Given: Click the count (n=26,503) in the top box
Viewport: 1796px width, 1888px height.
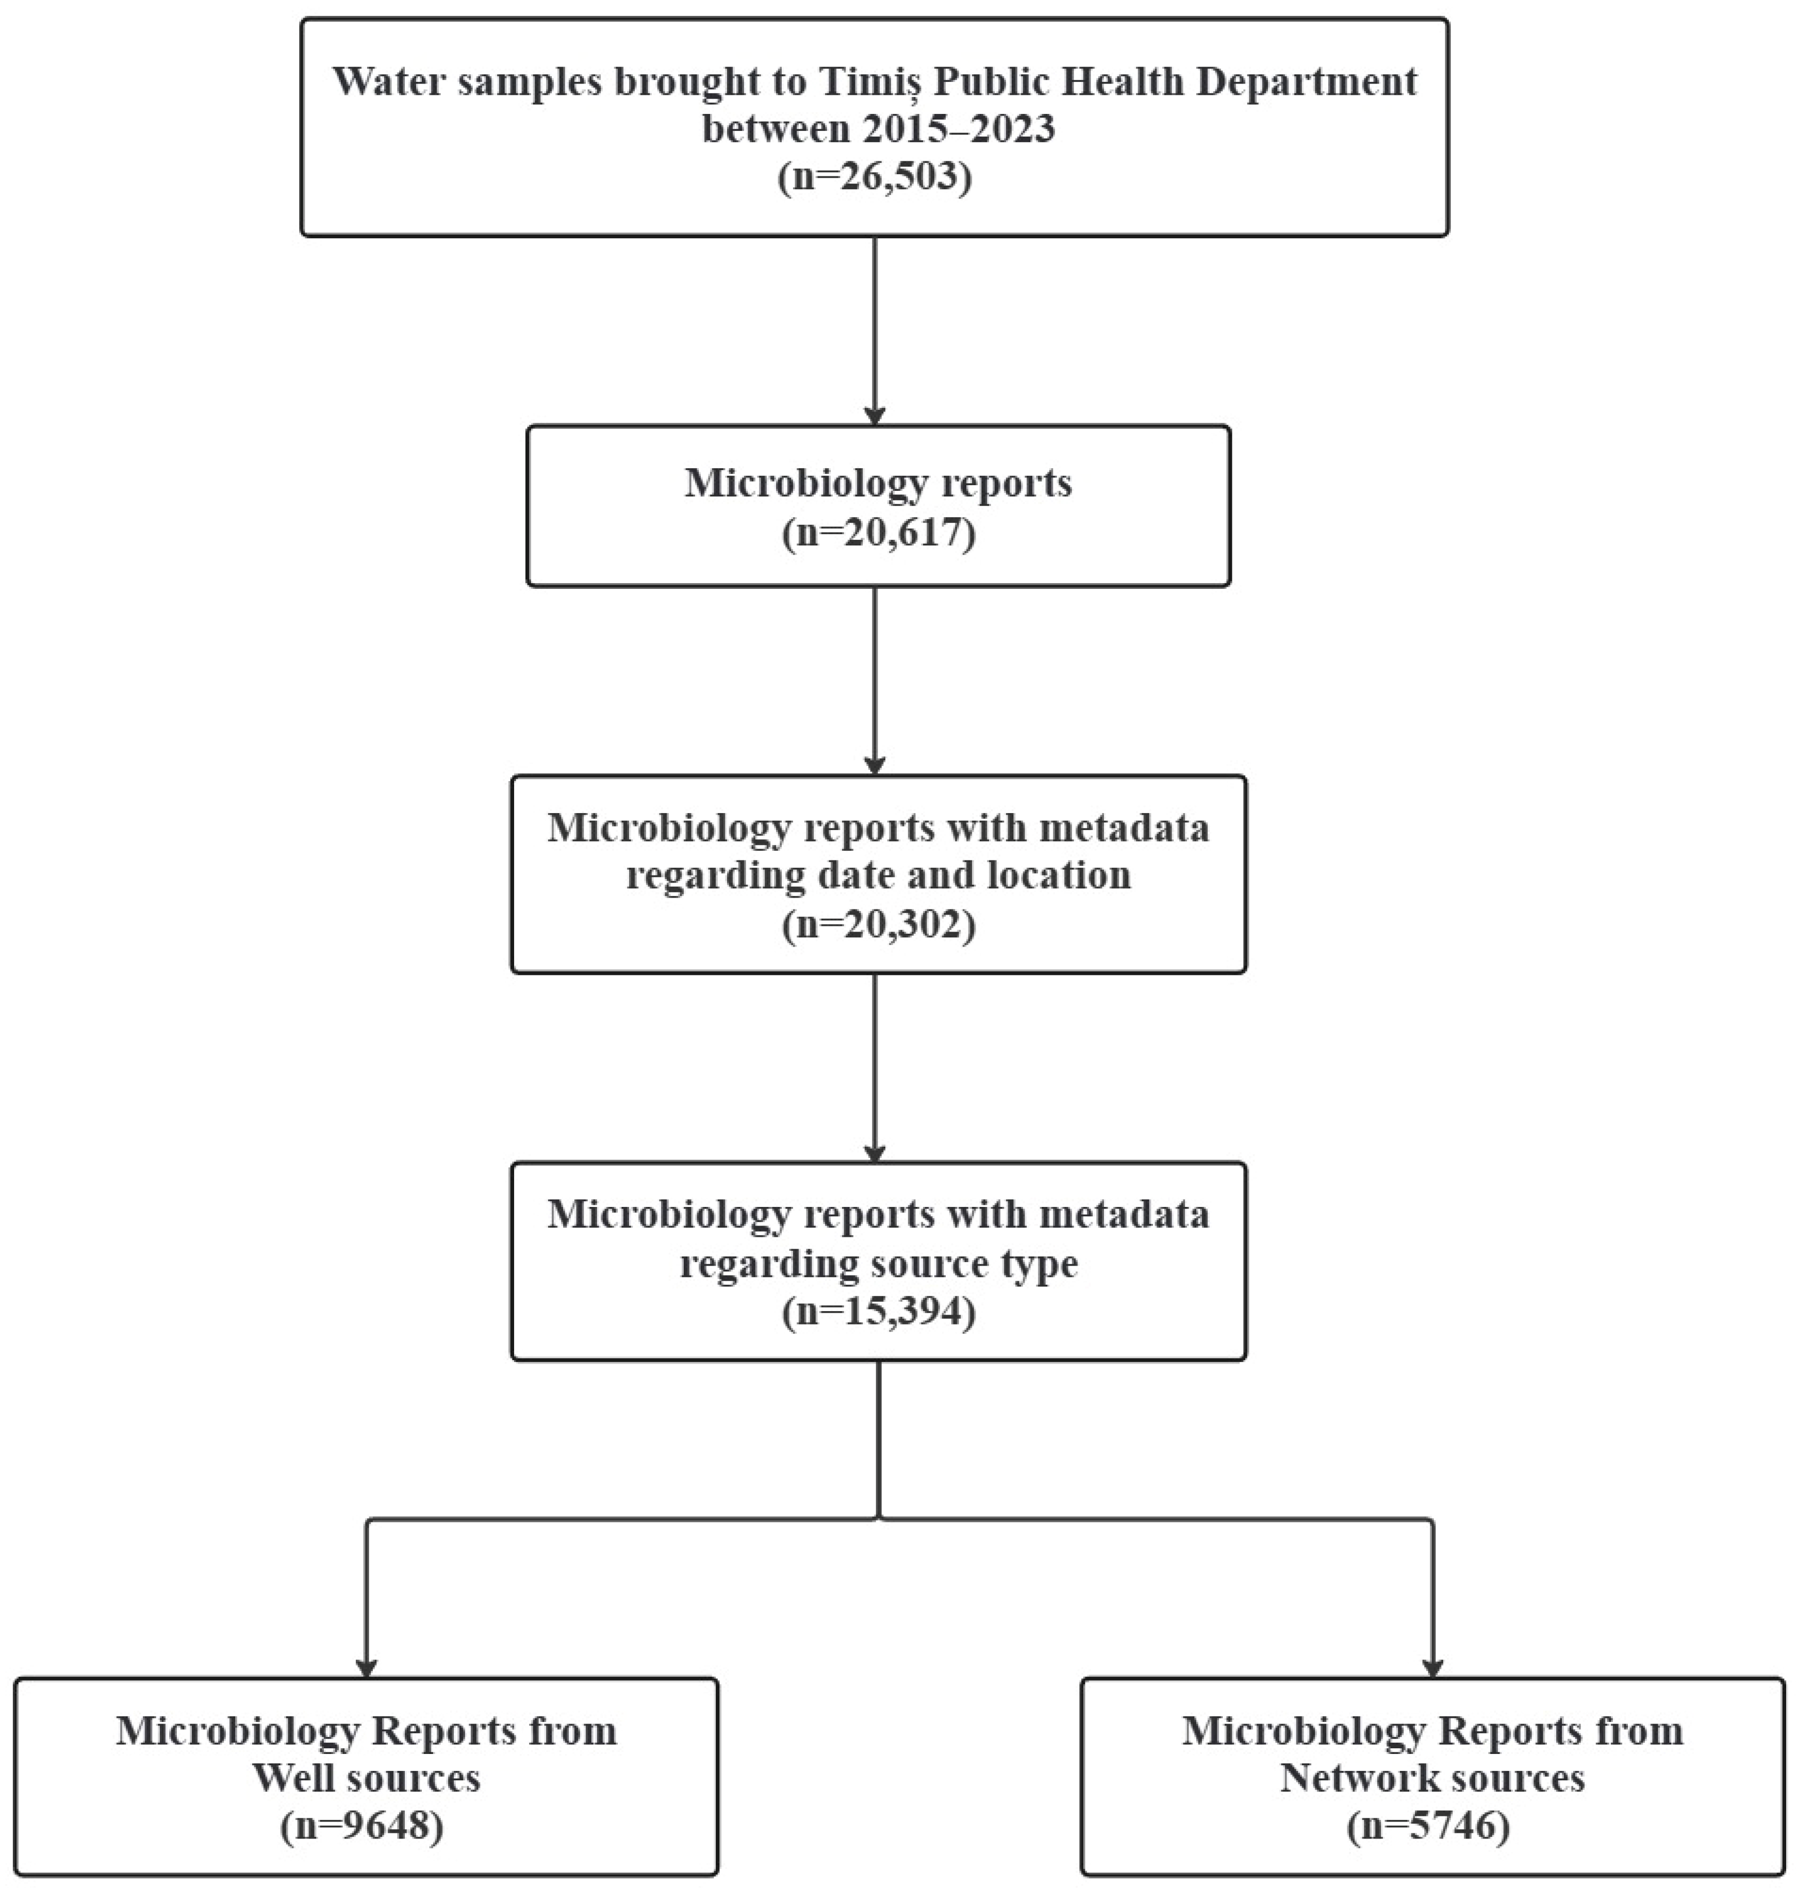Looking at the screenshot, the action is click(x=875, y=177).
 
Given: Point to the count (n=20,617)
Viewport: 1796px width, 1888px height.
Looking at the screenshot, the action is click(x=879, y=532).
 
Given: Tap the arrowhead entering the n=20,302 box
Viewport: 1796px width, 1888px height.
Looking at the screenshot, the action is click(x=874, y=765).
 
